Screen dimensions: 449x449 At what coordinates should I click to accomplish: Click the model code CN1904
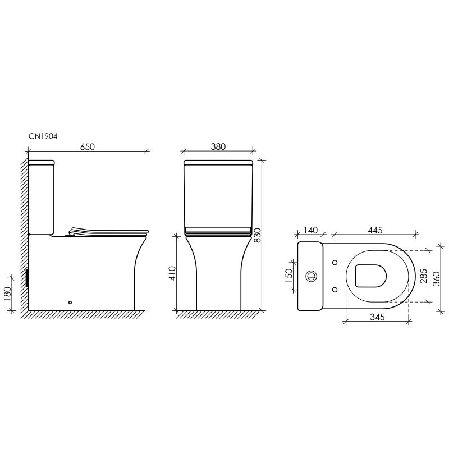tap(43, 136)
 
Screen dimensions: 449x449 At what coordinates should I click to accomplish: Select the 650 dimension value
tap(88, 146)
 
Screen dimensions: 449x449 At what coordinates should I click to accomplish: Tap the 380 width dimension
tap(218, 146)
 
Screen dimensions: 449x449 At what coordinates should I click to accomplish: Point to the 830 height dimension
tap(258, 235)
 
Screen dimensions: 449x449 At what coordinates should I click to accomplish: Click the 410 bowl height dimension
tap(172, 273)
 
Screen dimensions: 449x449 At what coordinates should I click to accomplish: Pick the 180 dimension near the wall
tap(7, 294)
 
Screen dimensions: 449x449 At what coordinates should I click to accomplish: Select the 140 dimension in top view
tap(310, 230)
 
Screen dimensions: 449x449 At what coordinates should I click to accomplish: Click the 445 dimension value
tap(375, 230)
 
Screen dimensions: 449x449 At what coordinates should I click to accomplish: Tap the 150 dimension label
tap(288, 276)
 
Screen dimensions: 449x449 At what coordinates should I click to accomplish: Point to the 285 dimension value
tap(423, 276)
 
